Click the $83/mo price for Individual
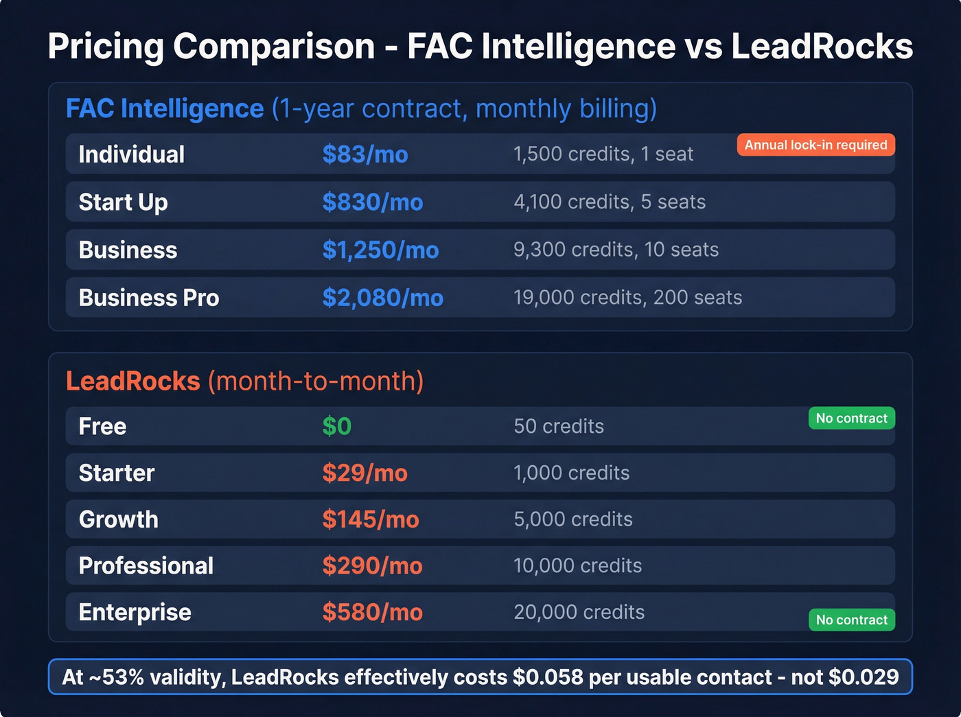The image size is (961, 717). coord(365,154)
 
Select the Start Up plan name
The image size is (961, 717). coord(124,202)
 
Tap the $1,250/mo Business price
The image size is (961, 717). coord(380,250)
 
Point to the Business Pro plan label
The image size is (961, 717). coord(149,298)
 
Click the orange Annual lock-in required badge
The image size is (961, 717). coord(815,145)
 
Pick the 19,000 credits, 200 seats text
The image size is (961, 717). coord(627,298)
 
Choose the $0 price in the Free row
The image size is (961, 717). coord(337,426)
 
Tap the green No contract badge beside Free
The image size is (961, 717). coord(851,419)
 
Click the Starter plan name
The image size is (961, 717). coord(117,473)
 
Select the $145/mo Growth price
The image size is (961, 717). coord(371,519)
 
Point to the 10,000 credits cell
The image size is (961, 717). coord(577,565)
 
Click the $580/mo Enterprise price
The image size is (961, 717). coord(373,612)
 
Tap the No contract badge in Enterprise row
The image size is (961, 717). coord(851,620)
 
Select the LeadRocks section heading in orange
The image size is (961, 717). coord(133,381)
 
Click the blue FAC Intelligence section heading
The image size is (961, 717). coord(165,108)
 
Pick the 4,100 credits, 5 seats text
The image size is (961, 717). coord(610,202)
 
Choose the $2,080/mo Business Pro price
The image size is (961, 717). coord(383,298)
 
